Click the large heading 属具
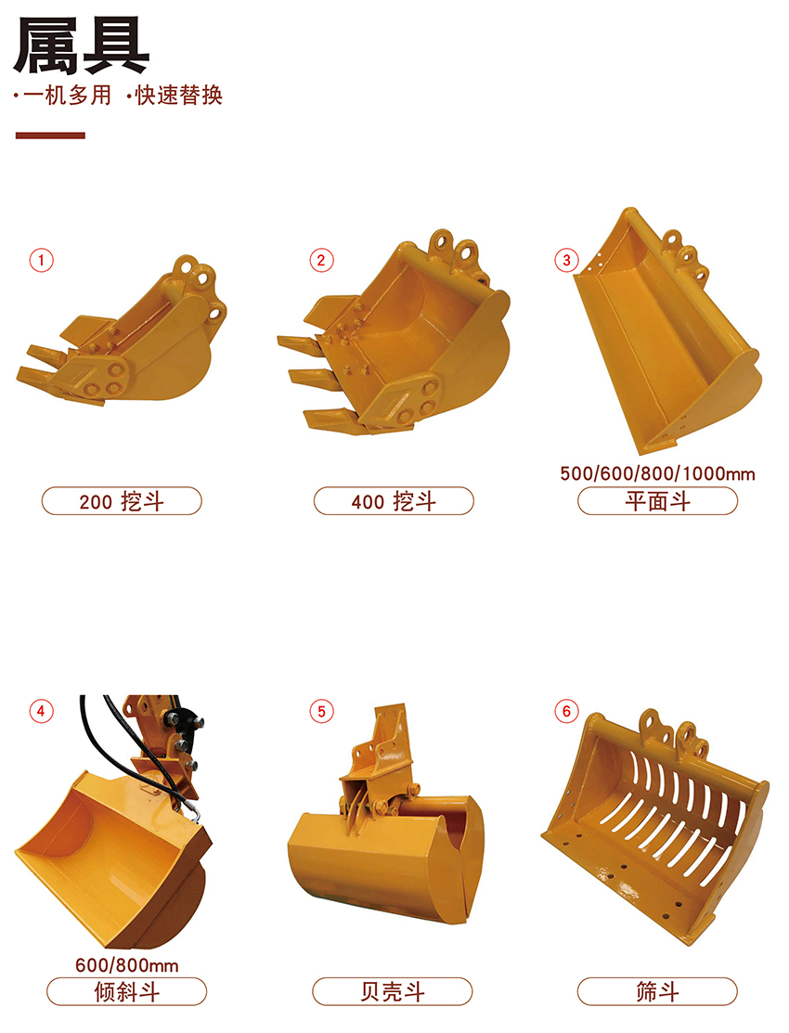pos(81,45)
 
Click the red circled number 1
pos(41,260)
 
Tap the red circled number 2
pos(322,260)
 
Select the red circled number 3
pos(566,260)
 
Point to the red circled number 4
pos(41,712)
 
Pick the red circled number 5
pos(322,712)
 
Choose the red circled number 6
pos(566,712)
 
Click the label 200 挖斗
pos(122,501)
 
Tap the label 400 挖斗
pos(394,501)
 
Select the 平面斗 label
pos(658,501)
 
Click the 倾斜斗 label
pos(126,991)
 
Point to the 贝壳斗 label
pos(393,991)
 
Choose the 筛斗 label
pos(657,991)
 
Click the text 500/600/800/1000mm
pos(658,473)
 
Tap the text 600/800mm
pos(126,965)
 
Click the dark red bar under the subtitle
pos(50,136)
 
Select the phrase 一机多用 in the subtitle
pos(67,96)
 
